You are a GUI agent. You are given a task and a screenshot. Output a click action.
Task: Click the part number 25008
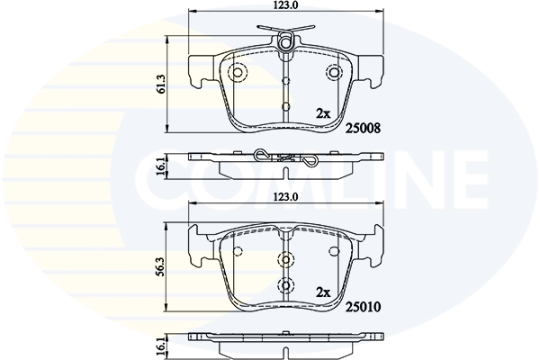363,129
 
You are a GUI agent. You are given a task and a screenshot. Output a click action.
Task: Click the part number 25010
363,307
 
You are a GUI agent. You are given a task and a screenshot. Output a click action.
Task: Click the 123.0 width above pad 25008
285,5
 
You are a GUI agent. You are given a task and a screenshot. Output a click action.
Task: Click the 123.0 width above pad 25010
285,197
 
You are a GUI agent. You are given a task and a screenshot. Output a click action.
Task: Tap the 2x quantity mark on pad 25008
323,113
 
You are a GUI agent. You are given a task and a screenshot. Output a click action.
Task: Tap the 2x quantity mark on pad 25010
323,292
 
